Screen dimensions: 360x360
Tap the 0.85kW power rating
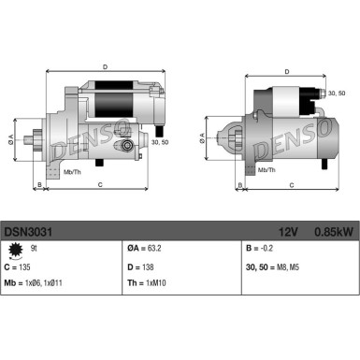pos(331,230)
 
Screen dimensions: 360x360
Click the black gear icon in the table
pos(13,251)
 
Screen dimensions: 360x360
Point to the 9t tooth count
pos(35,249)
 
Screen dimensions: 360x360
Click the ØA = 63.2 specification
pos(144,250)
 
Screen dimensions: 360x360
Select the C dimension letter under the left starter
pos(99,186)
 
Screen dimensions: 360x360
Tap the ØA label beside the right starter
pos(203,136)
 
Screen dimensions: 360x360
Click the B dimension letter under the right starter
pos(239,186)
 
